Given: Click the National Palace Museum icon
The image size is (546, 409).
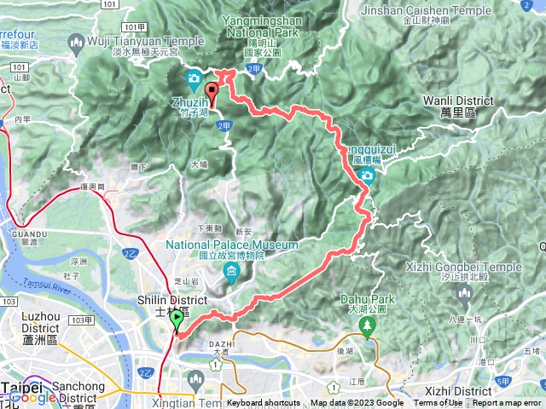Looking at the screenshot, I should pyautogui.click(x=232, y=271).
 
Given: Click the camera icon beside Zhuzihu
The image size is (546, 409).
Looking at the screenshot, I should pyautogui.click(x=194, y=81).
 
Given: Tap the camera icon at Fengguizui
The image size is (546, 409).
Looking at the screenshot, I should pyautogui.click(x=368, y=176).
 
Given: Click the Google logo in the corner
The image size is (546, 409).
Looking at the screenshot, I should pyautogui.click(x=32, y=397).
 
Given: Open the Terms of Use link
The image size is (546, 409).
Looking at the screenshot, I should pyautogui.click(x=438, y=403).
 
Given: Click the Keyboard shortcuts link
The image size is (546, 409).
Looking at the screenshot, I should pyautogui.click(x=264, y=403).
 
